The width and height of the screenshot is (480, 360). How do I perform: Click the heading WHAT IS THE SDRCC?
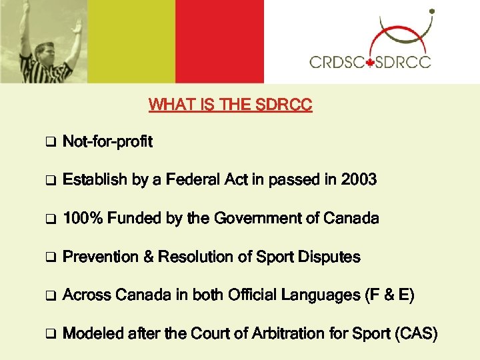point(230,105)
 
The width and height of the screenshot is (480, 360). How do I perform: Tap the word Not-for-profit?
point(107,142)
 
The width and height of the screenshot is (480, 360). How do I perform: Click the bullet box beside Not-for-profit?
point(49,143)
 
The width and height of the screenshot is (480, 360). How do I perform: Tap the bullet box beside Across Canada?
point(49,296)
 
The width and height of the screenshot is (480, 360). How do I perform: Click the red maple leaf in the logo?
point(371,63)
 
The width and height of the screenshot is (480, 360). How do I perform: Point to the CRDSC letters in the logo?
point(337,63)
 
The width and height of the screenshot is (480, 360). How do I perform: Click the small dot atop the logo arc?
point(432,12)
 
